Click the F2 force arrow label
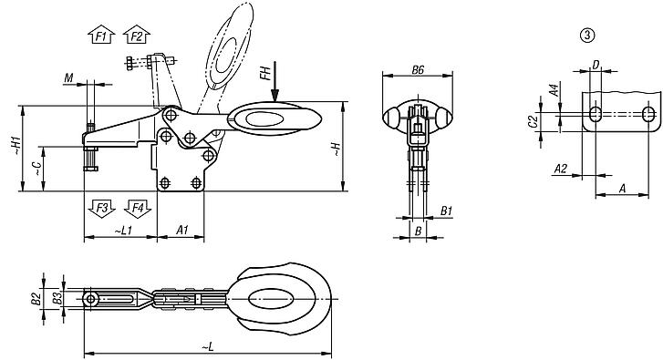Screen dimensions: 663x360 coord(136,36)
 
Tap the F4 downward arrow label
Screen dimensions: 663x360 coord(137,208)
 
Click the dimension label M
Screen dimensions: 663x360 coord(68,80)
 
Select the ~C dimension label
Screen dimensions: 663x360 coord(35,168)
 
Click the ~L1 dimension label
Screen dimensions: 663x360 coord(125,231)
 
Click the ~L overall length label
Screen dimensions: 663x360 coord(209,345)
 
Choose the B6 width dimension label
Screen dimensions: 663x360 coord(419,70)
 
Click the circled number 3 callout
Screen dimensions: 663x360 coord(586,36)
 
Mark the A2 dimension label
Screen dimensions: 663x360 coord(563,170)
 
